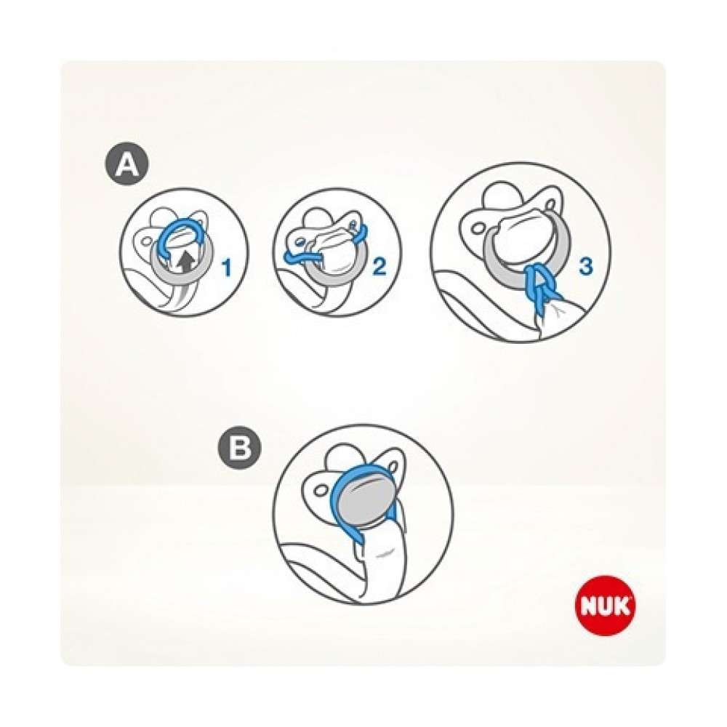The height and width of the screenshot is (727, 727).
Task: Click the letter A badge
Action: coord(126,166)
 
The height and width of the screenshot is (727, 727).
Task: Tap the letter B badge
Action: coord(239,449)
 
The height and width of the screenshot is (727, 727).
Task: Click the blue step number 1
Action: coord(227,268)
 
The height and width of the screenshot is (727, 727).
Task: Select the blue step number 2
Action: coord(379,267)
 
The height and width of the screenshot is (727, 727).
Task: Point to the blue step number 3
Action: coord(586,266)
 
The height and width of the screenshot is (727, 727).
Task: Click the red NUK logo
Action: coord(605,607)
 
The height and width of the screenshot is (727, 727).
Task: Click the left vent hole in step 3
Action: coord(478,228)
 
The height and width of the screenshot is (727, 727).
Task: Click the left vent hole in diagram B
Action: coord(321,489)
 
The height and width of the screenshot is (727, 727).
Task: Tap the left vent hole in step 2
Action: coord(299,241)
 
